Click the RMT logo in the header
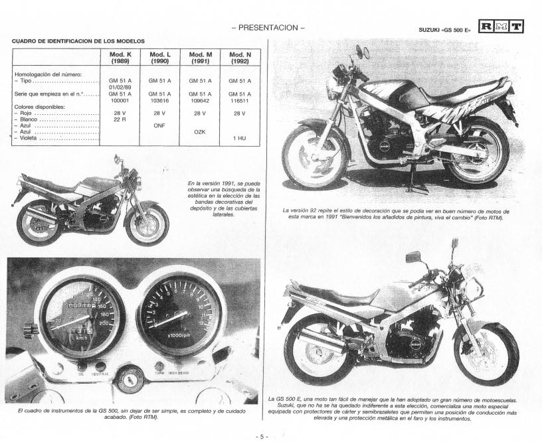[501, 27]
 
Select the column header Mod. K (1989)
[120, 57]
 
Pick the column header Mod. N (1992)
[240, 57]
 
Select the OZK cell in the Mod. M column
[199, 131]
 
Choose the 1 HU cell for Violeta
[240, 138]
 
